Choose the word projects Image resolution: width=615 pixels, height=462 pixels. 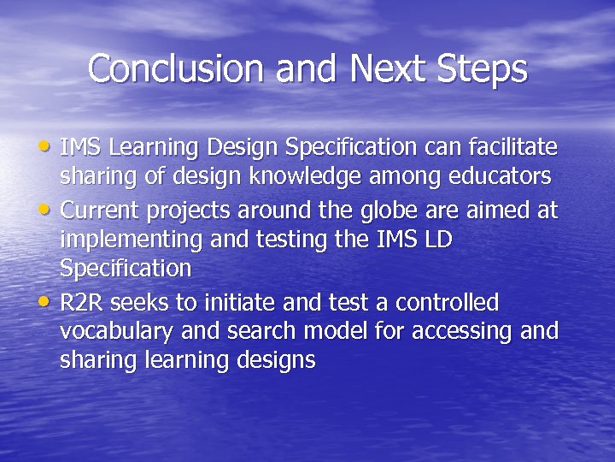tap(190, 210)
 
